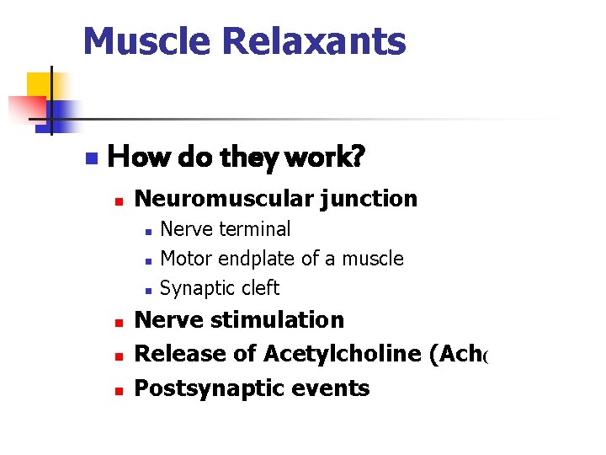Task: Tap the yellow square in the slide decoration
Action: point(39,85)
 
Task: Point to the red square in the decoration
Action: point(25,108)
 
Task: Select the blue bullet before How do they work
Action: point(92,158)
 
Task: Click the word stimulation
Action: point(278,320)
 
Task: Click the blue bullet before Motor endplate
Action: point(147,260)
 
